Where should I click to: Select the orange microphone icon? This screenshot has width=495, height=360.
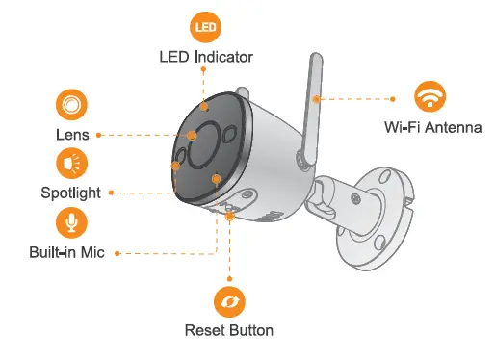tap(70, 223)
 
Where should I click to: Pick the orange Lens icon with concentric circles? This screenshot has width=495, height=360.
tap(69, 104)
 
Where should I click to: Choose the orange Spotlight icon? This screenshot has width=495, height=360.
tap(70, 163)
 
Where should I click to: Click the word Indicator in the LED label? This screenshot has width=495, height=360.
tap(223, 57)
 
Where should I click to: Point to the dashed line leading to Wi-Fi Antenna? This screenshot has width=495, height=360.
tap(356, 98)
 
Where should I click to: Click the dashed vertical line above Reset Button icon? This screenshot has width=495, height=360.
tap(229, 250)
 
